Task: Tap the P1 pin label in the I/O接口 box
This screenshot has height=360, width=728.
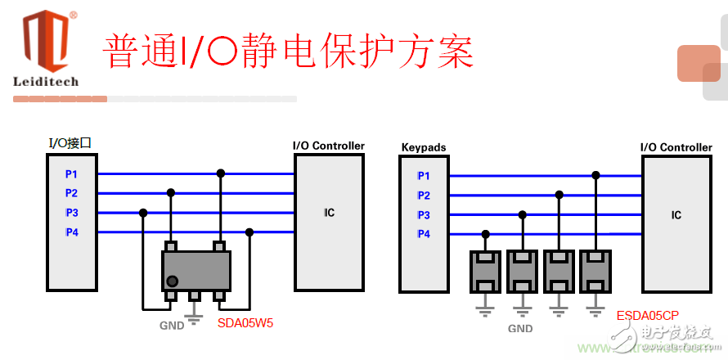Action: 71,174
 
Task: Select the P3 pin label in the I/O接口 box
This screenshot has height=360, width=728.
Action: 71,213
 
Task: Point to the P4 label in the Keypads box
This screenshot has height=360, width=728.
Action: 423,234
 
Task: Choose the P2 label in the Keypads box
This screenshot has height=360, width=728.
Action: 423,196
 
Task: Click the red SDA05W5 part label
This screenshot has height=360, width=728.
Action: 245,323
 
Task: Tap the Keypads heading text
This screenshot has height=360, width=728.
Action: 423,148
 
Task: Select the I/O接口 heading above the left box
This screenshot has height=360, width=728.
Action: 70,143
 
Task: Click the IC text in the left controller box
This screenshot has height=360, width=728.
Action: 329,213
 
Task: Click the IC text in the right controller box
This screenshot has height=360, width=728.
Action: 676,215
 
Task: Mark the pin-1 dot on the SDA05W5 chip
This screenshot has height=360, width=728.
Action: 172,282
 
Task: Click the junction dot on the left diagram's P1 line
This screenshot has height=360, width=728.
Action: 220,173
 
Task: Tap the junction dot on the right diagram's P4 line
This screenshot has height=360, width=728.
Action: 486,234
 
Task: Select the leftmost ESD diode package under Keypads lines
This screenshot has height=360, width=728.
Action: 486,272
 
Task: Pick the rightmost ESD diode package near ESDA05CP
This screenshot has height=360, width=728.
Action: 595,272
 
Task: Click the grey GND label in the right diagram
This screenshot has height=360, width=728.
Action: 520,328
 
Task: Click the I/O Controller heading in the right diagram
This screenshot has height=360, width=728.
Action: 676,147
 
